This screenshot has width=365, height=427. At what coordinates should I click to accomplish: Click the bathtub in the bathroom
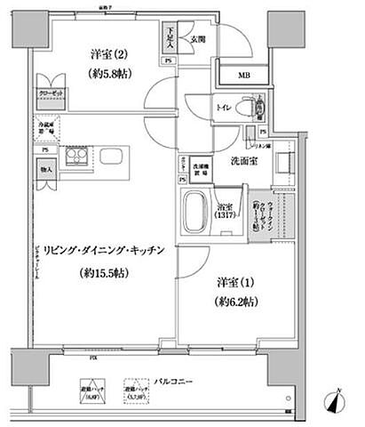coord(194,213)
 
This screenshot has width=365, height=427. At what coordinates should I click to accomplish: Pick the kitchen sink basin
coord(113,157)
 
